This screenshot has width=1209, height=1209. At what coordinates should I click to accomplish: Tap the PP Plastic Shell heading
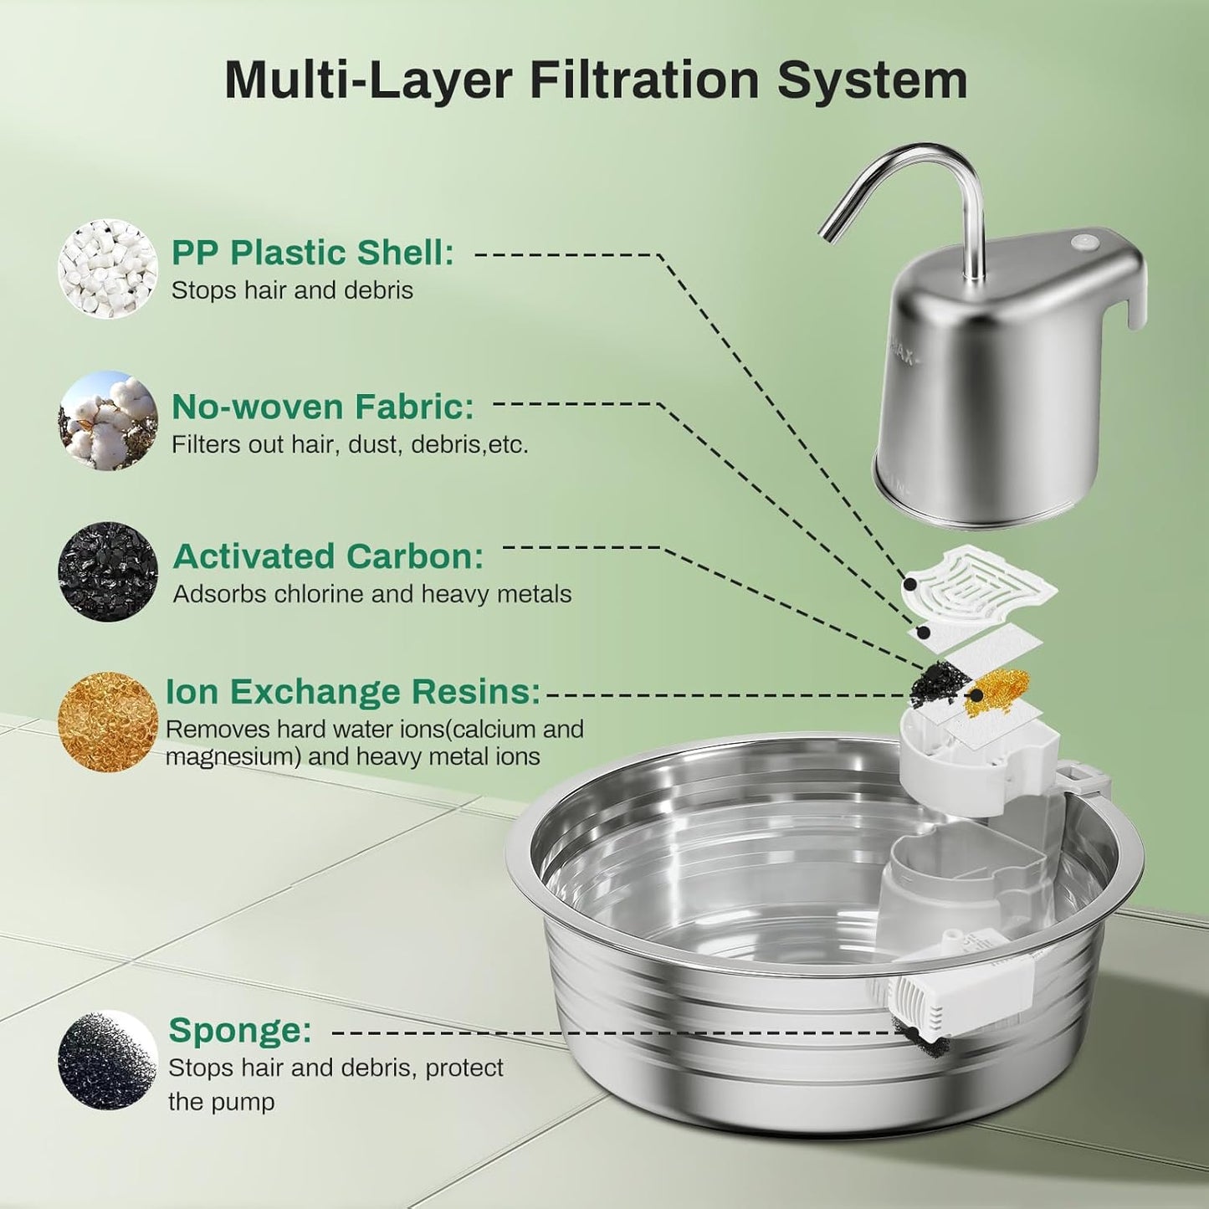[313, 253]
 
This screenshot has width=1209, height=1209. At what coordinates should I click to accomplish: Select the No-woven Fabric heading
[323, 407]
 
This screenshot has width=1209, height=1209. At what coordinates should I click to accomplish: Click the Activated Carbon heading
[329, 556]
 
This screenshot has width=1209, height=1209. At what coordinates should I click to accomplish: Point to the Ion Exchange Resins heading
[353, 692]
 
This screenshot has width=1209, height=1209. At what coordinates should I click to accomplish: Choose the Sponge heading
[240, 1030]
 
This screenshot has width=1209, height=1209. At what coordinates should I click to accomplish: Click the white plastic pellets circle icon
[108, 269]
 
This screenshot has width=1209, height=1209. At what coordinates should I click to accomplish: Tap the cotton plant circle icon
[108, 421]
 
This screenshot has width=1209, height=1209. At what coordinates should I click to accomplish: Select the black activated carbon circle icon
[108, 572]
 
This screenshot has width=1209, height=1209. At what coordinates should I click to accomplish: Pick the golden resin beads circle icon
[108, 721]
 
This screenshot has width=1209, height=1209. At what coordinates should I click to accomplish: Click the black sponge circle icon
[108, 1059]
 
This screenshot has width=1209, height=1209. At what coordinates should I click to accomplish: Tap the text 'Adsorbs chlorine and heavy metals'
[372, 594]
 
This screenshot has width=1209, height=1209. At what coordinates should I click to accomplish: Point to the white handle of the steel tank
[1134, 293]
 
